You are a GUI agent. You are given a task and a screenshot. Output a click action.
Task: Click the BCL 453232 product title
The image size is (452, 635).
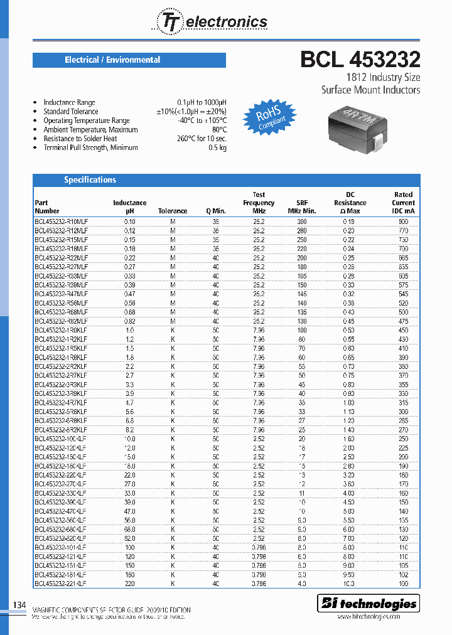pos(360,60)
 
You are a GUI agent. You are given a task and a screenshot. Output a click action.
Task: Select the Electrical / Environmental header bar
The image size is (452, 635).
pos(129,60)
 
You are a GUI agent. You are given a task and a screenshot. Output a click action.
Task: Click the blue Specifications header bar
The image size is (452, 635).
pos(226,180)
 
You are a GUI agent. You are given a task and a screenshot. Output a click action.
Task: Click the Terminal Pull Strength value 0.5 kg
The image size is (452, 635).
pos(218,147)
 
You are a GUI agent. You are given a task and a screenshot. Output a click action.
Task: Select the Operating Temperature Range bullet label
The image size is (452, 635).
pos(86,120)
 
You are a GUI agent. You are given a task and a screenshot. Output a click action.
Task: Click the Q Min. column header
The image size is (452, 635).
pos(215,211)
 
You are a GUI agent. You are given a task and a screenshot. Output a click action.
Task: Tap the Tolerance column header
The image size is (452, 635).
pos(173,211)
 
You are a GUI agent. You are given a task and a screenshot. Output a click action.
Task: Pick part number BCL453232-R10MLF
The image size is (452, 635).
pos(61,221)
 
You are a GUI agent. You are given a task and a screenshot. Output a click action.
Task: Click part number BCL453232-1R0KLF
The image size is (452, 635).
pos(61,330)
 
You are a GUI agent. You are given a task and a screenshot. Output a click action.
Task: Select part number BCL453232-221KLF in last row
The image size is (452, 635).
pos(61,584)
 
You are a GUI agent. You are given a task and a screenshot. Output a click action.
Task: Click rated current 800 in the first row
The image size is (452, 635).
pos(403,221)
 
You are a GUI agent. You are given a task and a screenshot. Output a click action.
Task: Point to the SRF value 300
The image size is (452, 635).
pos(302,221)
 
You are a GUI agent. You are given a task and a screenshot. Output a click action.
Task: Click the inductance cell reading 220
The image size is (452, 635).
pos(129,584)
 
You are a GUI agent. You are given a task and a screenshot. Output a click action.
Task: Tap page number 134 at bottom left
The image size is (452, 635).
pos(19,605)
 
